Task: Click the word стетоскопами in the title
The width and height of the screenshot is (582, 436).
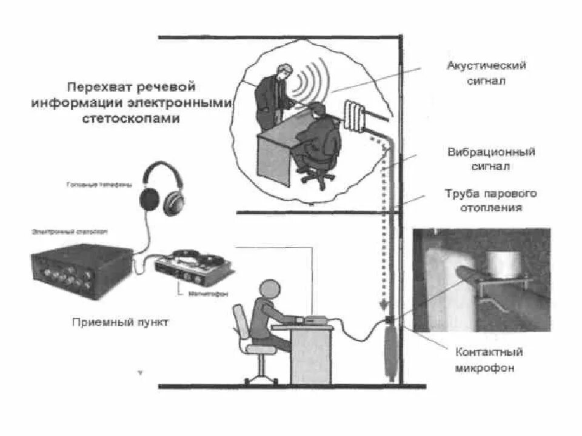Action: click(x=131, y=119)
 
